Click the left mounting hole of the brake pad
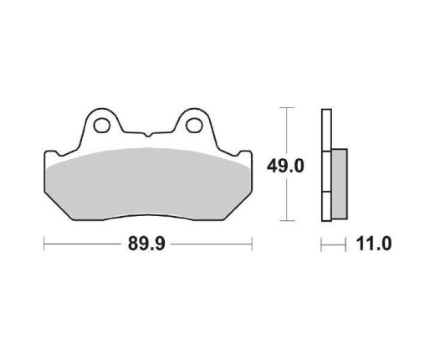click(102, 127)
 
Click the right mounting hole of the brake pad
click(194, 127)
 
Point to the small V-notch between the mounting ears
click(148, 134)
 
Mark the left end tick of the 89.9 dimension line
click(43, 245)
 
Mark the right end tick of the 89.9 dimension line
click(253, 245)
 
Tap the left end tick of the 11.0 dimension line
click(320, 245)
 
